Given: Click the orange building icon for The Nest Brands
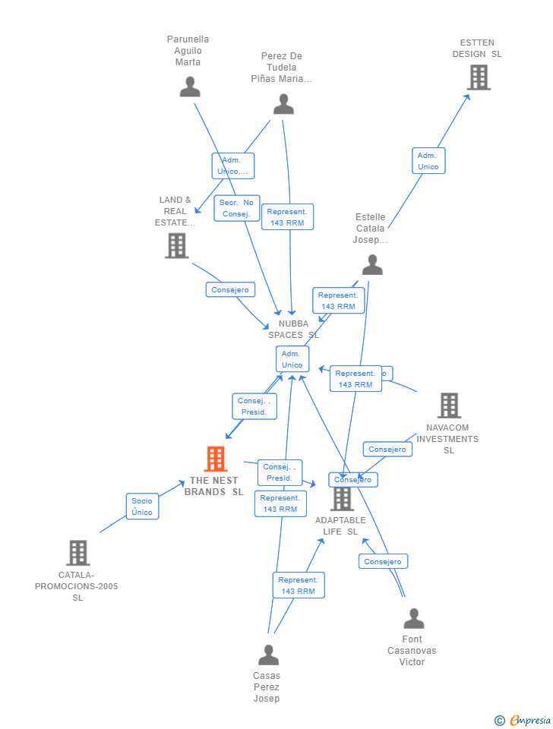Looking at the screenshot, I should click(216, 459).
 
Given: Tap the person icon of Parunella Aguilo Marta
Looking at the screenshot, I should click(190, 87).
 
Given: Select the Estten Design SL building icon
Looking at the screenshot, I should click(479, 77).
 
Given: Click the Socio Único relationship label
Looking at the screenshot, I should click(142, 507).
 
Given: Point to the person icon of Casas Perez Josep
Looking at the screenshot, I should click(268, 655).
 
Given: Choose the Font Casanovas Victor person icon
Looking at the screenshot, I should click(413, 618).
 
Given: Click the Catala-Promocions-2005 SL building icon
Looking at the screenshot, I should click(77, 553).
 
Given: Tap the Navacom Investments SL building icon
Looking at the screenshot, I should click(449, 406).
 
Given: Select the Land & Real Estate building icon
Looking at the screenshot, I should click(176, 245).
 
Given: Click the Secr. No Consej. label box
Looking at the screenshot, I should click(237, 208).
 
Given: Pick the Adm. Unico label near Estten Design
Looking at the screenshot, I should click(428, 161).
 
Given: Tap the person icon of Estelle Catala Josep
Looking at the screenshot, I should click(372, 264).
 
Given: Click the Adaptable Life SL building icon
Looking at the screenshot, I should click(343, 499).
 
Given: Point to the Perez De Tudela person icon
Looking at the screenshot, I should click(283, 104).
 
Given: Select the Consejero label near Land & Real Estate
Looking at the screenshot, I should click(230, 290).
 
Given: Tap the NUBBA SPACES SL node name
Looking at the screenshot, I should click(293, 329).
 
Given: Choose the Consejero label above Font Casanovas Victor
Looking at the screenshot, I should click(383, 562).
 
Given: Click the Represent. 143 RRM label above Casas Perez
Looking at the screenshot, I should click(299, 585).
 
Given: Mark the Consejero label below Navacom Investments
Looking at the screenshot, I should click(387, 450).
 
